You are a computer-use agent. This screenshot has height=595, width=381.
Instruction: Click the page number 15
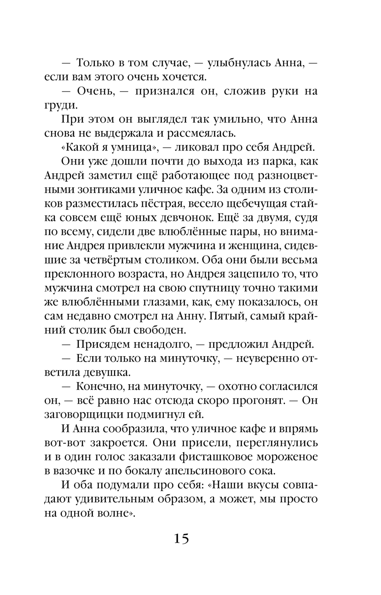[x=181, y=539]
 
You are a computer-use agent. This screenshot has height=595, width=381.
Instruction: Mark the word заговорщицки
[x=83, y=415]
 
